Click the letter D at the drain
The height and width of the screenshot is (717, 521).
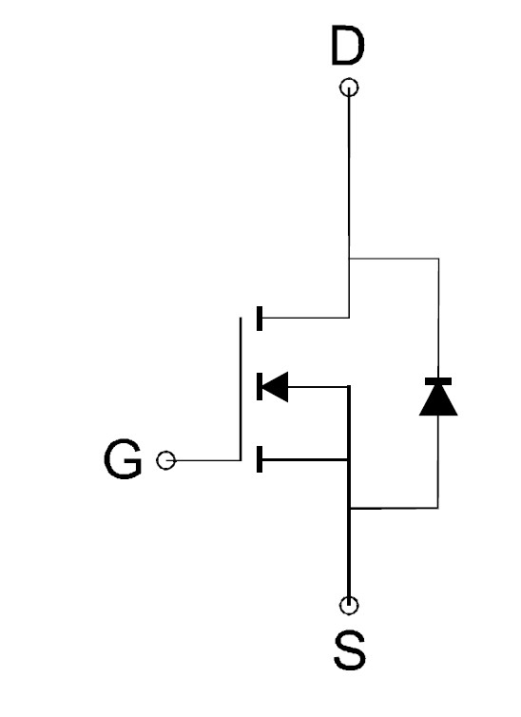[348, 46]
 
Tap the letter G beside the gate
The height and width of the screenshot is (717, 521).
[123, 459]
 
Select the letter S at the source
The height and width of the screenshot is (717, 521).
[350, 649]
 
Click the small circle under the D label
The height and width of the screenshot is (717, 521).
[350, 87]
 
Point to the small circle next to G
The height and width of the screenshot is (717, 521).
[165, 460]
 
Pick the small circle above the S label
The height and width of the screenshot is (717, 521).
[349, 606]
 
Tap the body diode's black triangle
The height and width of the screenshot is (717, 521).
[438, 400]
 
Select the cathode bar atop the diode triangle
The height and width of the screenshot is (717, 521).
[438, 381]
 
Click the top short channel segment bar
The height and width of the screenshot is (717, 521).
[260, 319]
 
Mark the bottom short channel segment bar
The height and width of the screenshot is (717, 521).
[260, 459]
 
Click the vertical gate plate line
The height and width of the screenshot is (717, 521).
[241, 389]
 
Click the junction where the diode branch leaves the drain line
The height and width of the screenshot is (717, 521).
[349, 259]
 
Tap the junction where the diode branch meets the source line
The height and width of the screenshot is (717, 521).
[349, 508]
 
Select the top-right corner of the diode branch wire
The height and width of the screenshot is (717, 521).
[438, 259]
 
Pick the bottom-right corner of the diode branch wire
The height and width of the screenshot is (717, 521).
[438, 508]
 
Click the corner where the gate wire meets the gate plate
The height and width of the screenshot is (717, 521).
[241, 460]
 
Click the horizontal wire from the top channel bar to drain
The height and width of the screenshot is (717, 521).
[306, 318]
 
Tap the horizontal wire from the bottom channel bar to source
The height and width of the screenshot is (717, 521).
[305, 459]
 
